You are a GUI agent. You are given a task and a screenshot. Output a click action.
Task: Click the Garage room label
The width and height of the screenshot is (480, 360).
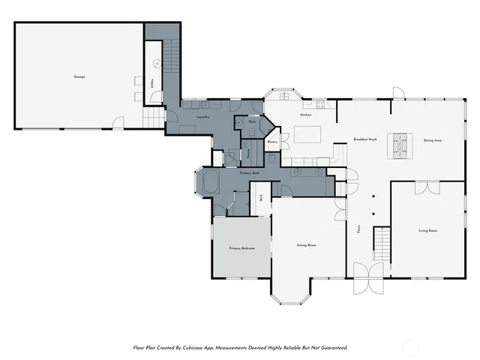pos(79,76)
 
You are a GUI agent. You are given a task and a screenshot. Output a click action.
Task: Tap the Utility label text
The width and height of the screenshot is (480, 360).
pos(153,85)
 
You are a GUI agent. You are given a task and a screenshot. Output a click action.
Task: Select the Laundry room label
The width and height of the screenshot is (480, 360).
pos(202,117)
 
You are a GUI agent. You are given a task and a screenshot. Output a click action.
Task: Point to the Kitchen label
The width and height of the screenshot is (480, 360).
pos(305,115)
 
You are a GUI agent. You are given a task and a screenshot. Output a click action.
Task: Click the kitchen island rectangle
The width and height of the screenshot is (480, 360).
pos(307,135)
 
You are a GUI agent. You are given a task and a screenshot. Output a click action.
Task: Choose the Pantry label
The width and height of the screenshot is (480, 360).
pos(272,141)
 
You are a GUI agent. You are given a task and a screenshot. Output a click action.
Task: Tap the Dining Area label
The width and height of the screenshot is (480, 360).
pos(433,140)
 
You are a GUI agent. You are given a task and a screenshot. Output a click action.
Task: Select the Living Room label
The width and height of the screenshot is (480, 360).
pos(427,230)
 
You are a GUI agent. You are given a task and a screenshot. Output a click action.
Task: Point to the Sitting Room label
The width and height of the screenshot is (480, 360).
pos(307,245)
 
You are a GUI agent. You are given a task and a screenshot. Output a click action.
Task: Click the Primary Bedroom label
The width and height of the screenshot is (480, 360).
pos(242,248)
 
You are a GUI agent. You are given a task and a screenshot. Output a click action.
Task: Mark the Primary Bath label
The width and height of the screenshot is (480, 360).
pos(250,173)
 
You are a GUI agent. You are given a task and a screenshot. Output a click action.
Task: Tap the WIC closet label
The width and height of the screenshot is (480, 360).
pos(260,198)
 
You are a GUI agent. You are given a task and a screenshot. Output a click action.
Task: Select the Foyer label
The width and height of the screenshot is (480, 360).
pos(358,227)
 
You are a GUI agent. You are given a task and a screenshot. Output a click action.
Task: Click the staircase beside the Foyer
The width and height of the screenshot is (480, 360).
pos(382,243)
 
